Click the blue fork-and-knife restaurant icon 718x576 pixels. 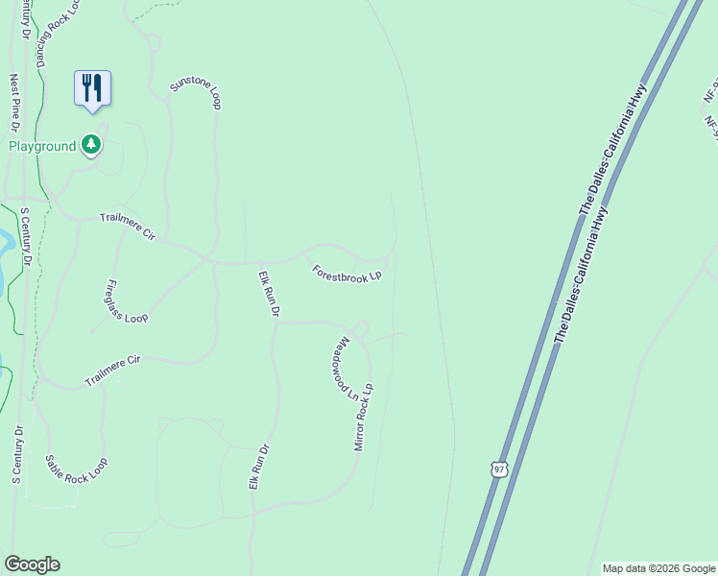[x=93, y=88]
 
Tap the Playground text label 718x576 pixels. [x=41, y=146]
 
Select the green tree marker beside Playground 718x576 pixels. [x=91, y=145]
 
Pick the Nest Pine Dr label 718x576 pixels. [x=14, y=104]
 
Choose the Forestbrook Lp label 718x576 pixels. [x=347, y=274]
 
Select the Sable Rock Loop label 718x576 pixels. [x=77, y=468]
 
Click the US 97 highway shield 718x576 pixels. [x=496, y=468]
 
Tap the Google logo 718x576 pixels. [x=32, y=564]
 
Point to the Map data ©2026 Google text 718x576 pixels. [x=658, y=568]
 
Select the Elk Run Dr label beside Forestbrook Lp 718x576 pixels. [x=269, y=295]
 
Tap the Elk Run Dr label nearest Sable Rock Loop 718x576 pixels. [x=255, y=467]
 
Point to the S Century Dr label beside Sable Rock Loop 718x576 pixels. [x=16, y=454]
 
